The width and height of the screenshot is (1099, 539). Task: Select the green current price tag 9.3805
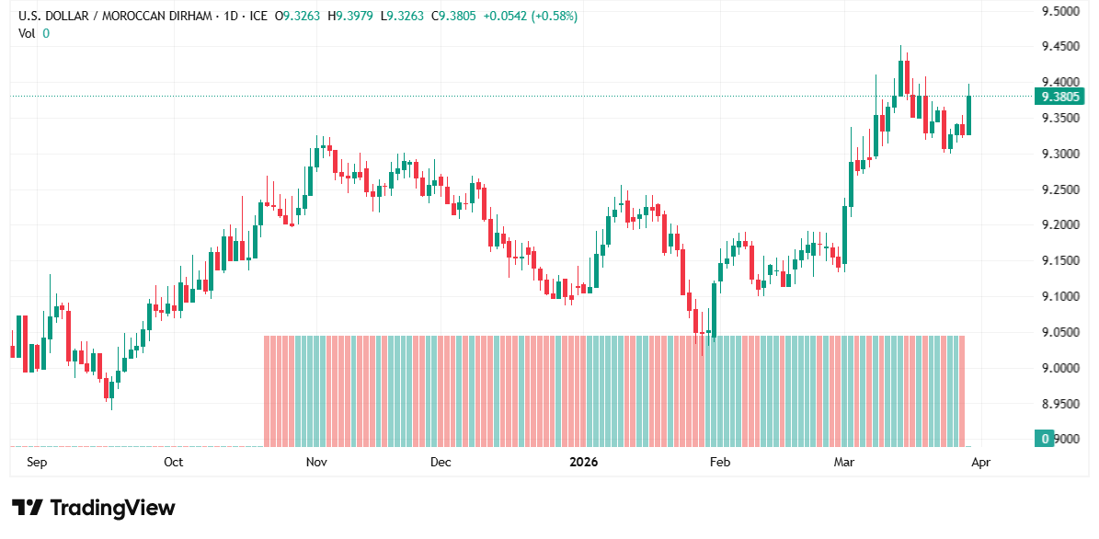(x=1059, y=97)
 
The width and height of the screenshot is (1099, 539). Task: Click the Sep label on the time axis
(x=37, y=462)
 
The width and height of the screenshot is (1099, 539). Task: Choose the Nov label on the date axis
(x=316, y=462)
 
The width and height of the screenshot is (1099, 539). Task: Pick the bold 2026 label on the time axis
(x=583, y=462)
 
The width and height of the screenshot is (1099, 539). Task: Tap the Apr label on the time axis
(x=981, y=462)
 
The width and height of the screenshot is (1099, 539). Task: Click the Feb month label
(x=720, y=462)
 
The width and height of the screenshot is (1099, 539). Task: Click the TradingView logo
(x=93, y=508)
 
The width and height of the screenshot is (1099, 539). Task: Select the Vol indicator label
(x=27, y=33)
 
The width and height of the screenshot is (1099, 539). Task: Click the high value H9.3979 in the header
(x=351, y=16)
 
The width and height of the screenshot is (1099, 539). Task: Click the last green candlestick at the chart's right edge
(x=968, y=115)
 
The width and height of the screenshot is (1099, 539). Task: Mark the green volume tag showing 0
(x=1044, y=439)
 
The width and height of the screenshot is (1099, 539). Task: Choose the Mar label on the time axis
(x=843, y=462)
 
